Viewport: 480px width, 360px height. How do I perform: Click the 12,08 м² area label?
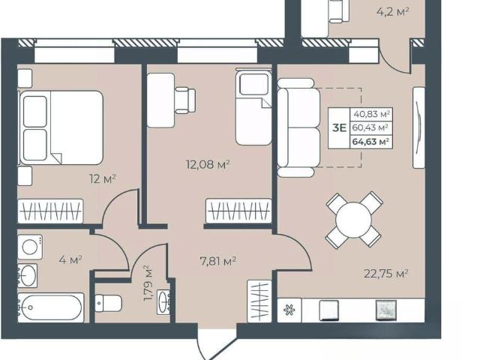point(208,165)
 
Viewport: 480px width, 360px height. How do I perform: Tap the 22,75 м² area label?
point(386,273)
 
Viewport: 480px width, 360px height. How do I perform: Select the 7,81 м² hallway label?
point(217,261)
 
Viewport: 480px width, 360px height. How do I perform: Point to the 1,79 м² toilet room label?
point(148,283)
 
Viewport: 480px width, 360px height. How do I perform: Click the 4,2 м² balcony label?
point(393,12)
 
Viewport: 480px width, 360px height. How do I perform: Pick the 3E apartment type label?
point(339,128)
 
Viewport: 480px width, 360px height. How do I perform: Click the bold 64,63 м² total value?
point(370,142)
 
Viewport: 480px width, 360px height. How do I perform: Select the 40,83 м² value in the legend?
point(372,115)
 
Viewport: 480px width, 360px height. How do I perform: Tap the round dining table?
point(353,220)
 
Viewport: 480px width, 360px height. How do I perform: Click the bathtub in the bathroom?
point(50,307)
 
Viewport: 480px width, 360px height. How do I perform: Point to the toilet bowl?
point(108,303)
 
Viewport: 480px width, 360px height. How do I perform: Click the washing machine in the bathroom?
point(30,247)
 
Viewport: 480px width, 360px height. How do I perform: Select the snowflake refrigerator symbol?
point(289,310)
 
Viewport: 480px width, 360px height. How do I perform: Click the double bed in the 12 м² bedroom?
point(61,127)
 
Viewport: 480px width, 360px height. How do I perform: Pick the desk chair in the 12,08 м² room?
point(185,100)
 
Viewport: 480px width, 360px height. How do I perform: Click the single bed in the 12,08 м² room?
point(253,106)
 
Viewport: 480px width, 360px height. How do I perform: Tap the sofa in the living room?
point(298,127)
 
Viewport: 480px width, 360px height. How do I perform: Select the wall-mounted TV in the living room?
point(418,127)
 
